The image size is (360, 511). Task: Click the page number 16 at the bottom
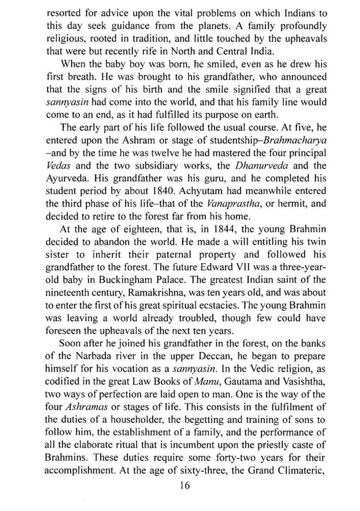point(185,485)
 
